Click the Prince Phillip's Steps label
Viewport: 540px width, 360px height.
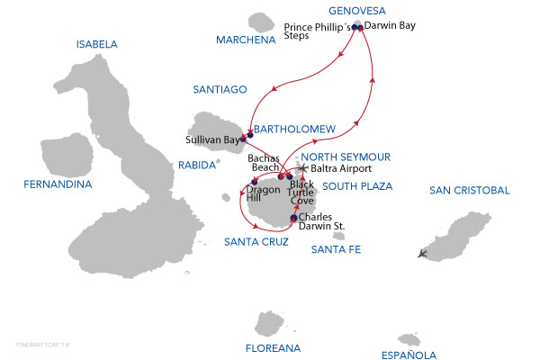coord(314,32)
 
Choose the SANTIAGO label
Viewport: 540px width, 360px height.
coord(220,89)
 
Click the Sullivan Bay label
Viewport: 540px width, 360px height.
coord(211,141)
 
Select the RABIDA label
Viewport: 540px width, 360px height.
coord(198,165)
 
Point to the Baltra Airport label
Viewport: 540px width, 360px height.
coord(340,168)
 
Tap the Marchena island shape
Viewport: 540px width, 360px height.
coord(263,21)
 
